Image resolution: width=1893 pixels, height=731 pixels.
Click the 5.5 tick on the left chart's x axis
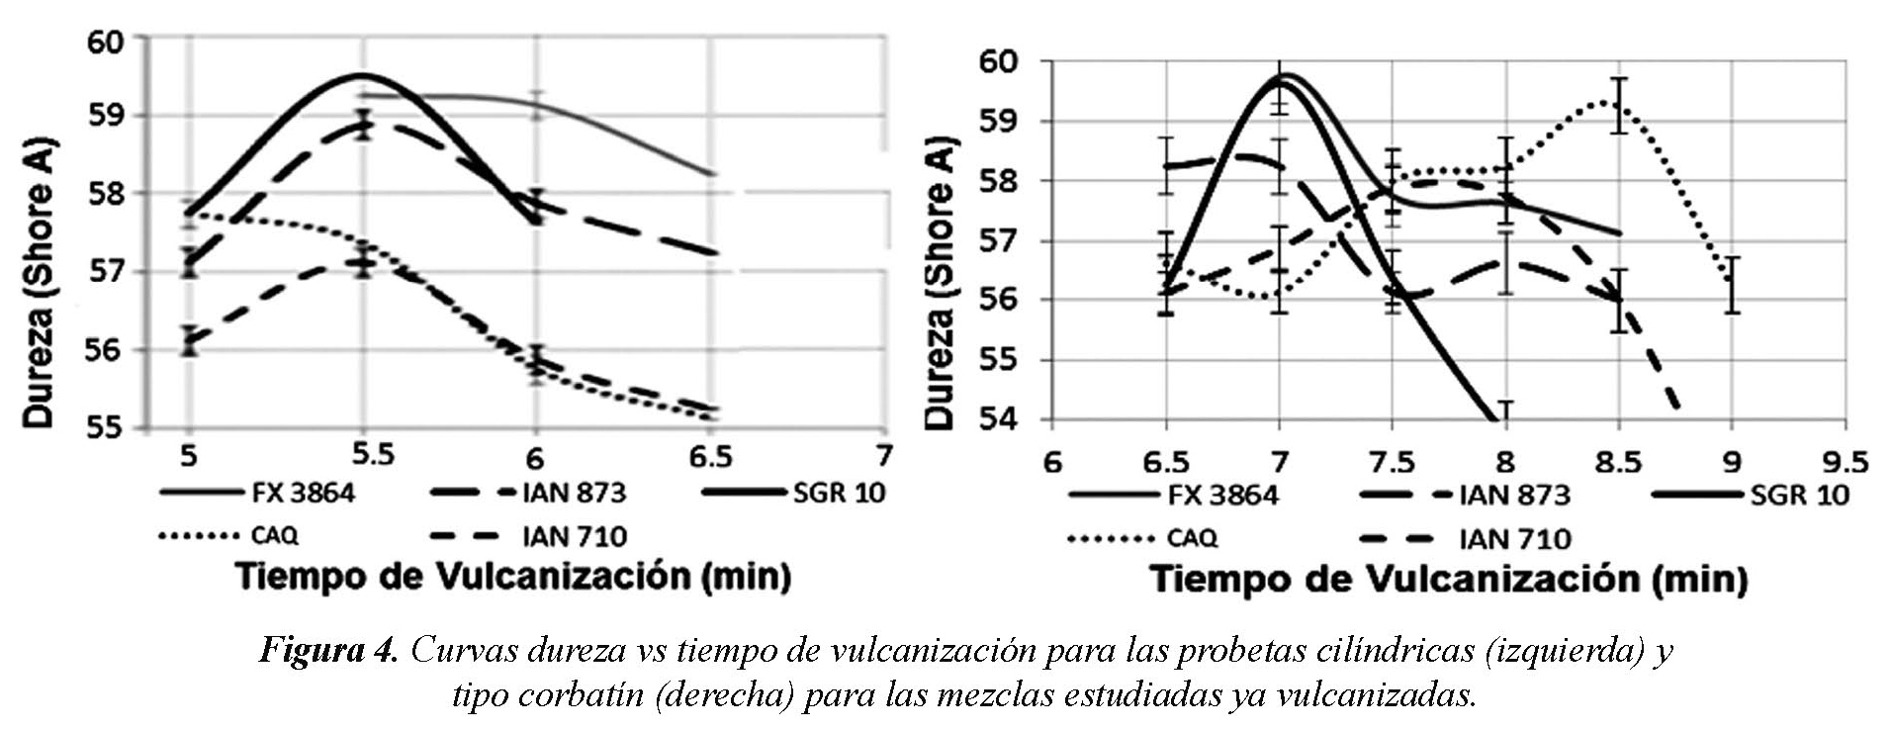373,453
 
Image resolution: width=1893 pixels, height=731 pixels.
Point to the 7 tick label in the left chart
883,455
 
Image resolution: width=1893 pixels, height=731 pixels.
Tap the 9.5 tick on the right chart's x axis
1845,463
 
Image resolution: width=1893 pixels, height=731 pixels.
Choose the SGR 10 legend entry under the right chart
1799,494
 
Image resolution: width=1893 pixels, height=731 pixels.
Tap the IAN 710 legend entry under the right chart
1514,538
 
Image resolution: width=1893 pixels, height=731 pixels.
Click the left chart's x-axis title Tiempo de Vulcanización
512,577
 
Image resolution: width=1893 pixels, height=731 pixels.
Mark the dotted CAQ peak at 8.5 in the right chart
1618,101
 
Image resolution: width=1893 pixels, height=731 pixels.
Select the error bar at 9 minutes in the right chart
1732,285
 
